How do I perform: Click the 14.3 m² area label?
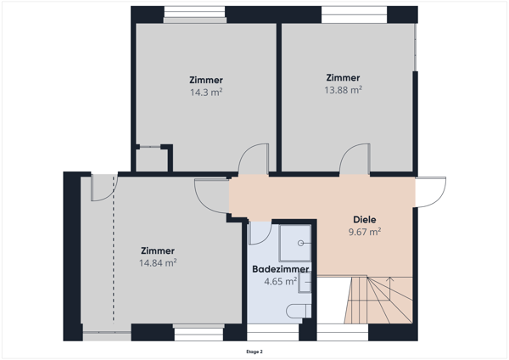(x=206, y=92)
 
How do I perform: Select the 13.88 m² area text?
(x=344, y=88)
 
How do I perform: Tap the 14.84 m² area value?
(x=158, y=263)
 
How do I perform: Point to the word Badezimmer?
(x=281, y=269)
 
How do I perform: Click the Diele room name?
(x=364, y=218)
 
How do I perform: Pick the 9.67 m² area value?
(x=364, y=231)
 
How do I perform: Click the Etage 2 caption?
(x=255, y=351)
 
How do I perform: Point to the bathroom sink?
(x=305, y=281)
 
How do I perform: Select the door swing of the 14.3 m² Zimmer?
(x=254, y=160)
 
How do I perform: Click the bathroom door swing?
(x=260, y=232)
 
